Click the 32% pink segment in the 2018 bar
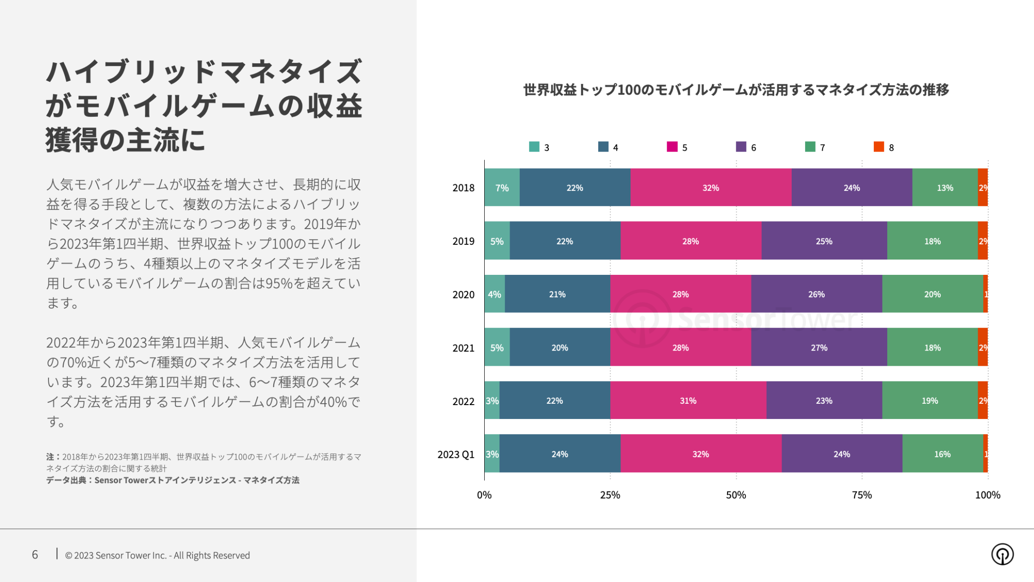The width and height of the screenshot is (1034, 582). coord(710,188)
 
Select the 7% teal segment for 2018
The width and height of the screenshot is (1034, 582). coord(502,188)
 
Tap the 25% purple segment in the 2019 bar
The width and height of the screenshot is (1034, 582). coord(824,241)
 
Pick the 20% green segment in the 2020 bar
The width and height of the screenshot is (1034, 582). coord(932,294)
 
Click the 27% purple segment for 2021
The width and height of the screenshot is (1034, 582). coord(819,347)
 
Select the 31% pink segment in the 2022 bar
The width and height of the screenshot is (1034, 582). coord(688,400)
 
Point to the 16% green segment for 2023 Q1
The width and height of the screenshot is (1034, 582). coord(942,454)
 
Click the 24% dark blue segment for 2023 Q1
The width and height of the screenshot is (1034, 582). coord(559,454)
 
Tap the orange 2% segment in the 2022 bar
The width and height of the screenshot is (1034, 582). coord(983,400)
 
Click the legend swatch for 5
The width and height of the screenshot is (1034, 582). coord(672,147)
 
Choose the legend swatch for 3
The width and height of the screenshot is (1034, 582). coord(534,147)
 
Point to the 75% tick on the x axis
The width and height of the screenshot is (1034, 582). coord(862,495)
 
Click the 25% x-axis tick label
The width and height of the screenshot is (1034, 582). coord(610,495)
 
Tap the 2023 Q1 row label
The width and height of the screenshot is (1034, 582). coord(456,455)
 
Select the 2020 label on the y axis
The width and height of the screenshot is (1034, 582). coord(463,295)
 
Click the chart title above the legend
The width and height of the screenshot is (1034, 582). coord(736,90)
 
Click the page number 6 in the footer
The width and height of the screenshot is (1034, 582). coord(35,555)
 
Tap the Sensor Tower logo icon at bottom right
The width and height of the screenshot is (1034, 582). coord(1002,554)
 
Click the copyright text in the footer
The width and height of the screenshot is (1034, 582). coord(157,555)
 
